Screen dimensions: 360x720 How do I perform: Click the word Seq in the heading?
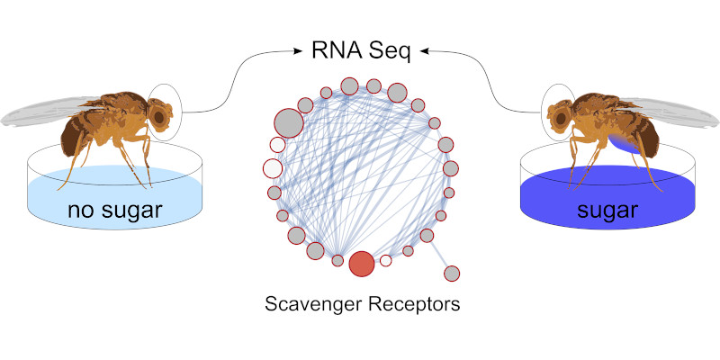tap(389, 51)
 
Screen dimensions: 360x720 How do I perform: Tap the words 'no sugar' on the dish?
tap(113, 212)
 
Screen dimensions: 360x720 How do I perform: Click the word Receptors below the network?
tap(413, 304)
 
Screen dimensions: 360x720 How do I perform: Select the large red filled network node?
tap(361, 264)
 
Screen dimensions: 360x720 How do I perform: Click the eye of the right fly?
tap(556, 116)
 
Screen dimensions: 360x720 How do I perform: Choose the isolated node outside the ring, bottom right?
tap(453, 273)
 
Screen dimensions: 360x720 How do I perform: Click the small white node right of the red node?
tap(385, 261)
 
